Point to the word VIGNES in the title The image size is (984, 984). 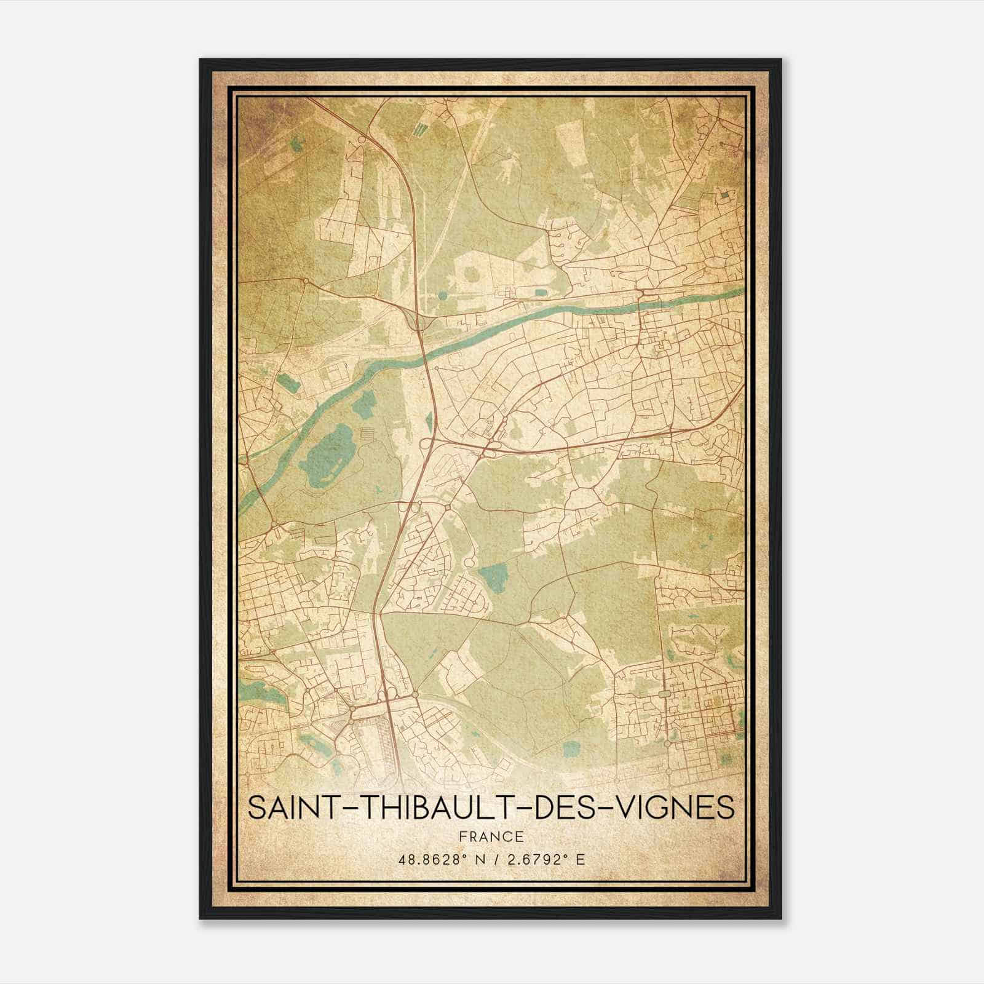(x=677, y=807)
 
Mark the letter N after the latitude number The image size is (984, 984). (x=480, y=859)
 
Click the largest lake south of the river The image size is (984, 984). (x=329, y=452)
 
